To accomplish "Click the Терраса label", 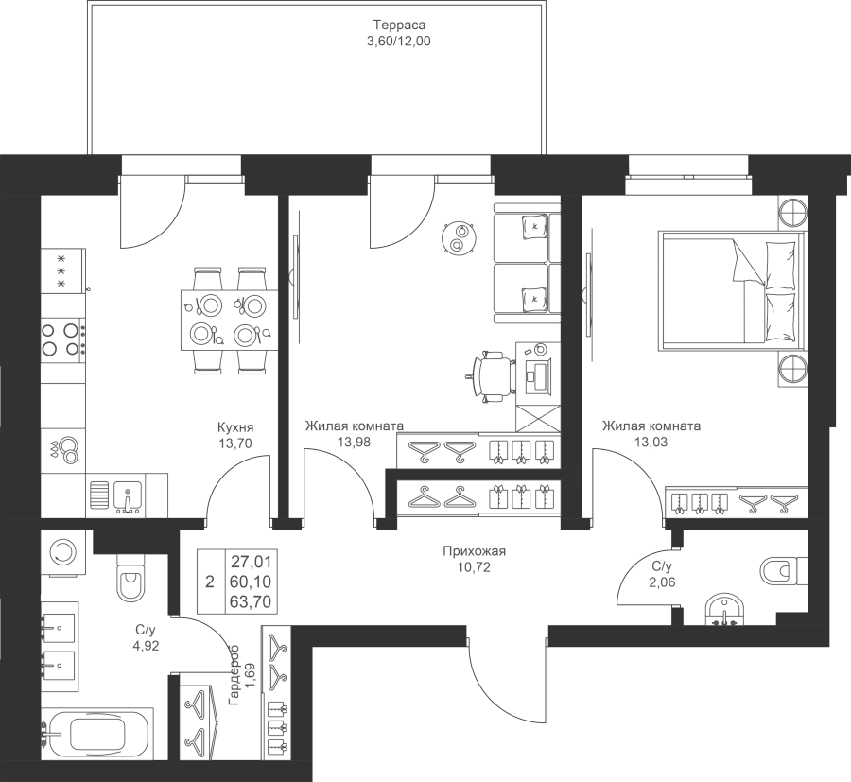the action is point(399,25).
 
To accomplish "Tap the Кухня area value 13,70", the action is point(235,443).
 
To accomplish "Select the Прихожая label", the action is point(475,551).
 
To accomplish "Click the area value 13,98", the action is point(354,443).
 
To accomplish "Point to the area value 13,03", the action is point(651,443).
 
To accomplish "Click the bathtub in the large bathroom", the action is point(98,734).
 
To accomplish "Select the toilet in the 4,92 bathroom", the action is point(131,576).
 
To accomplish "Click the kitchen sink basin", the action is point(128,496).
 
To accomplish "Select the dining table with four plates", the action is point(229,321).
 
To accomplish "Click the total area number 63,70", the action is point(251,601).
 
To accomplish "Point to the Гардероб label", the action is point(234,675).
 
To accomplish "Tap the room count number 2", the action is point(210,582).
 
